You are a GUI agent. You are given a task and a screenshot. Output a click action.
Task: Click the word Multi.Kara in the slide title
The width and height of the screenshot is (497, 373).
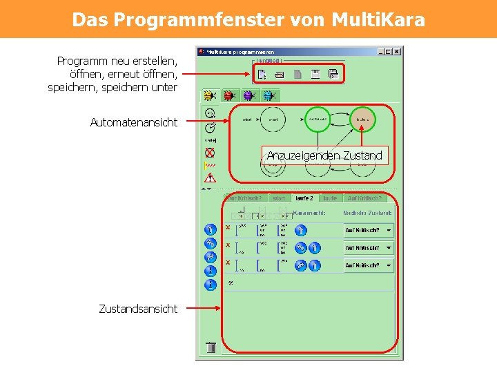pyautogui.click(x=378, y=19)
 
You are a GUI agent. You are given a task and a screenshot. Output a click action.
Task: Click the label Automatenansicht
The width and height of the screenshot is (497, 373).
pyautogui.click(x=134, y=122)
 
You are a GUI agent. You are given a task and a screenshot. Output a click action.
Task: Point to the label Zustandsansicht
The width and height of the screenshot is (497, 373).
pyautogui.click(x=138, y=309)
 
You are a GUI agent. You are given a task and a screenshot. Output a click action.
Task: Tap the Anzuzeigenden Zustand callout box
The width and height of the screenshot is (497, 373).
pyautogui.click(x=324, y=155)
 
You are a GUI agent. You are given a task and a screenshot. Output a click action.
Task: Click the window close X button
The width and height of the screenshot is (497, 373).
pyautogui.click(x=398, y=51)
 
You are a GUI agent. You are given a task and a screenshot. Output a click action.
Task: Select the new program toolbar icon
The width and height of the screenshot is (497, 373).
pyautogui.click(x=262, y=74)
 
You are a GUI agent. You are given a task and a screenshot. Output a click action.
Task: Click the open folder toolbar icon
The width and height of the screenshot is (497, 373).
pyautogui.click(x=280, y=74)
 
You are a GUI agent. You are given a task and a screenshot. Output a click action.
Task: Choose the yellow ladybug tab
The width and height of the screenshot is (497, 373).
pyautogui.click(x=211, y=95)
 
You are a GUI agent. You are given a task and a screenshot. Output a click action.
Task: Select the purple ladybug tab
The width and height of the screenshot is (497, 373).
pyautogui.click(x=248, y=95)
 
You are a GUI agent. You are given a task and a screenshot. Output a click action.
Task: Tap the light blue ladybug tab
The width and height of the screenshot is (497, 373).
pyautogui.click(x=267, y=95)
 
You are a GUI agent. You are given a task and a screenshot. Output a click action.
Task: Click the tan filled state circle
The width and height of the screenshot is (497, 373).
pyautogui.click(x=362, y=119)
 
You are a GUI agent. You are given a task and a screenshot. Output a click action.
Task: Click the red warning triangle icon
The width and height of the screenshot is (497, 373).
pyautogui.click(x=210, y=178)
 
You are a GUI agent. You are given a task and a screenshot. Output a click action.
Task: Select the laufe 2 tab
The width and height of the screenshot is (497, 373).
pyautogui.click(x=304, y=198)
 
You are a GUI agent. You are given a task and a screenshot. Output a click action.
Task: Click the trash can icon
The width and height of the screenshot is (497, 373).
pyautogui.click(x=211, y=347)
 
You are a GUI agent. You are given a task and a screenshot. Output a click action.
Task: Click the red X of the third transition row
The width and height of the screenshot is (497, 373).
pyautogui.click(x=228, y=262)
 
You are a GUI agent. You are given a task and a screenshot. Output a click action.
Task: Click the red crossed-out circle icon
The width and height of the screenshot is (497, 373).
pyautogui.click(x=210, y=153)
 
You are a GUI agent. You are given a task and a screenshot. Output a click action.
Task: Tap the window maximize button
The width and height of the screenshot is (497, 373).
pyautogui.click(x=389, y=51)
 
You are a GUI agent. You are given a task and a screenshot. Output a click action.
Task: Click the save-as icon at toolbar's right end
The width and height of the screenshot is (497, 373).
pyautogui.click(x=333, y=74)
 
